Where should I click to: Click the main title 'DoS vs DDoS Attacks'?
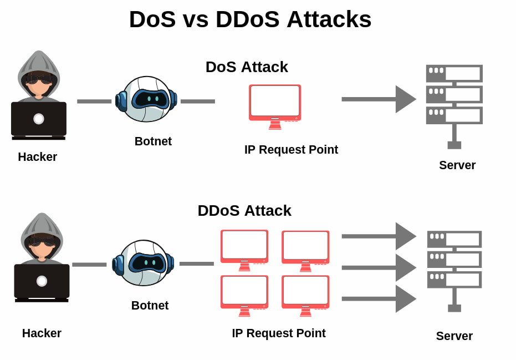(x=250, y=19)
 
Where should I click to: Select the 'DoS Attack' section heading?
(x=247, y=67)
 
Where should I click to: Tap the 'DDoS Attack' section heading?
(x=244, y=211)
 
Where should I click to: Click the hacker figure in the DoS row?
(x=38, y=94)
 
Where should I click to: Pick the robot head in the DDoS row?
(x=144, y=262)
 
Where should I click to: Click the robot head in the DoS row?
(x=146, y=99)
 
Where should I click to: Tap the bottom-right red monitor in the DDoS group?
(x=305, y=295)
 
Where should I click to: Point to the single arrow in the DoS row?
(x=378, y=99)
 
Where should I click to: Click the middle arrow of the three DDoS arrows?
(x=378, y=267)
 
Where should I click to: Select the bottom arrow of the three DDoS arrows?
(x=378, y=298)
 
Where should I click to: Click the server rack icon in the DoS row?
(x=454, y=103)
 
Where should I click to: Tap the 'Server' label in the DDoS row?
(x=454, y=336)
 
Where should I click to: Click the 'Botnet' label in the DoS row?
(x=153, y=141)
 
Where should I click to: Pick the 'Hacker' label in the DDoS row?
(x=42, y=333)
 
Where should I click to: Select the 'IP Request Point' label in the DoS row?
(x=291, y=150)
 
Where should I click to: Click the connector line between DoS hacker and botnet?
(x=94, y=102)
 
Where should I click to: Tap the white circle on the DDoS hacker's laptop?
(x=42, y=281)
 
